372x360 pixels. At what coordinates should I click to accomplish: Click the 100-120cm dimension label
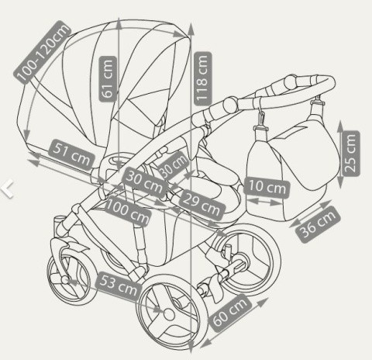42,52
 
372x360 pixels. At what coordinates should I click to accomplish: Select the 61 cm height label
108,79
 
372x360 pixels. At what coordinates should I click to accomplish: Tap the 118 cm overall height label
203,78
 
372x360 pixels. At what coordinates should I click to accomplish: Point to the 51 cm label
71,154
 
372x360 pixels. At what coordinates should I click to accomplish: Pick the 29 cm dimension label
202,205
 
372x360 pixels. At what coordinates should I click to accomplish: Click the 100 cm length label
128,211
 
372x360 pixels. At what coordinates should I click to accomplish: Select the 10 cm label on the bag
267,188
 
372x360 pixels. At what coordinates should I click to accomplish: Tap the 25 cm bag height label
350,154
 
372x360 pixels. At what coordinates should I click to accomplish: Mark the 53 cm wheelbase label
119,286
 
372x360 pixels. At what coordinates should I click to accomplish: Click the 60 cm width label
230,313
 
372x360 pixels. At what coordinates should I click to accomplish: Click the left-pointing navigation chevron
7,189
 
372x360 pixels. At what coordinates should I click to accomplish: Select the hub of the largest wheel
169,314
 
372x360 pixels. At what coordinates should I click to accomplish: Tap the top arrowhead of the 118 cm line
191,29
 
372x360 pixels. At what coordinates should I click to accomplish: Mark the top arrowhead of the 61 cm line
119,23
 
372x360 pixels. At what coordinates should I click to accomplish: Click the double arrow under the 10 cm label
265,202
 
